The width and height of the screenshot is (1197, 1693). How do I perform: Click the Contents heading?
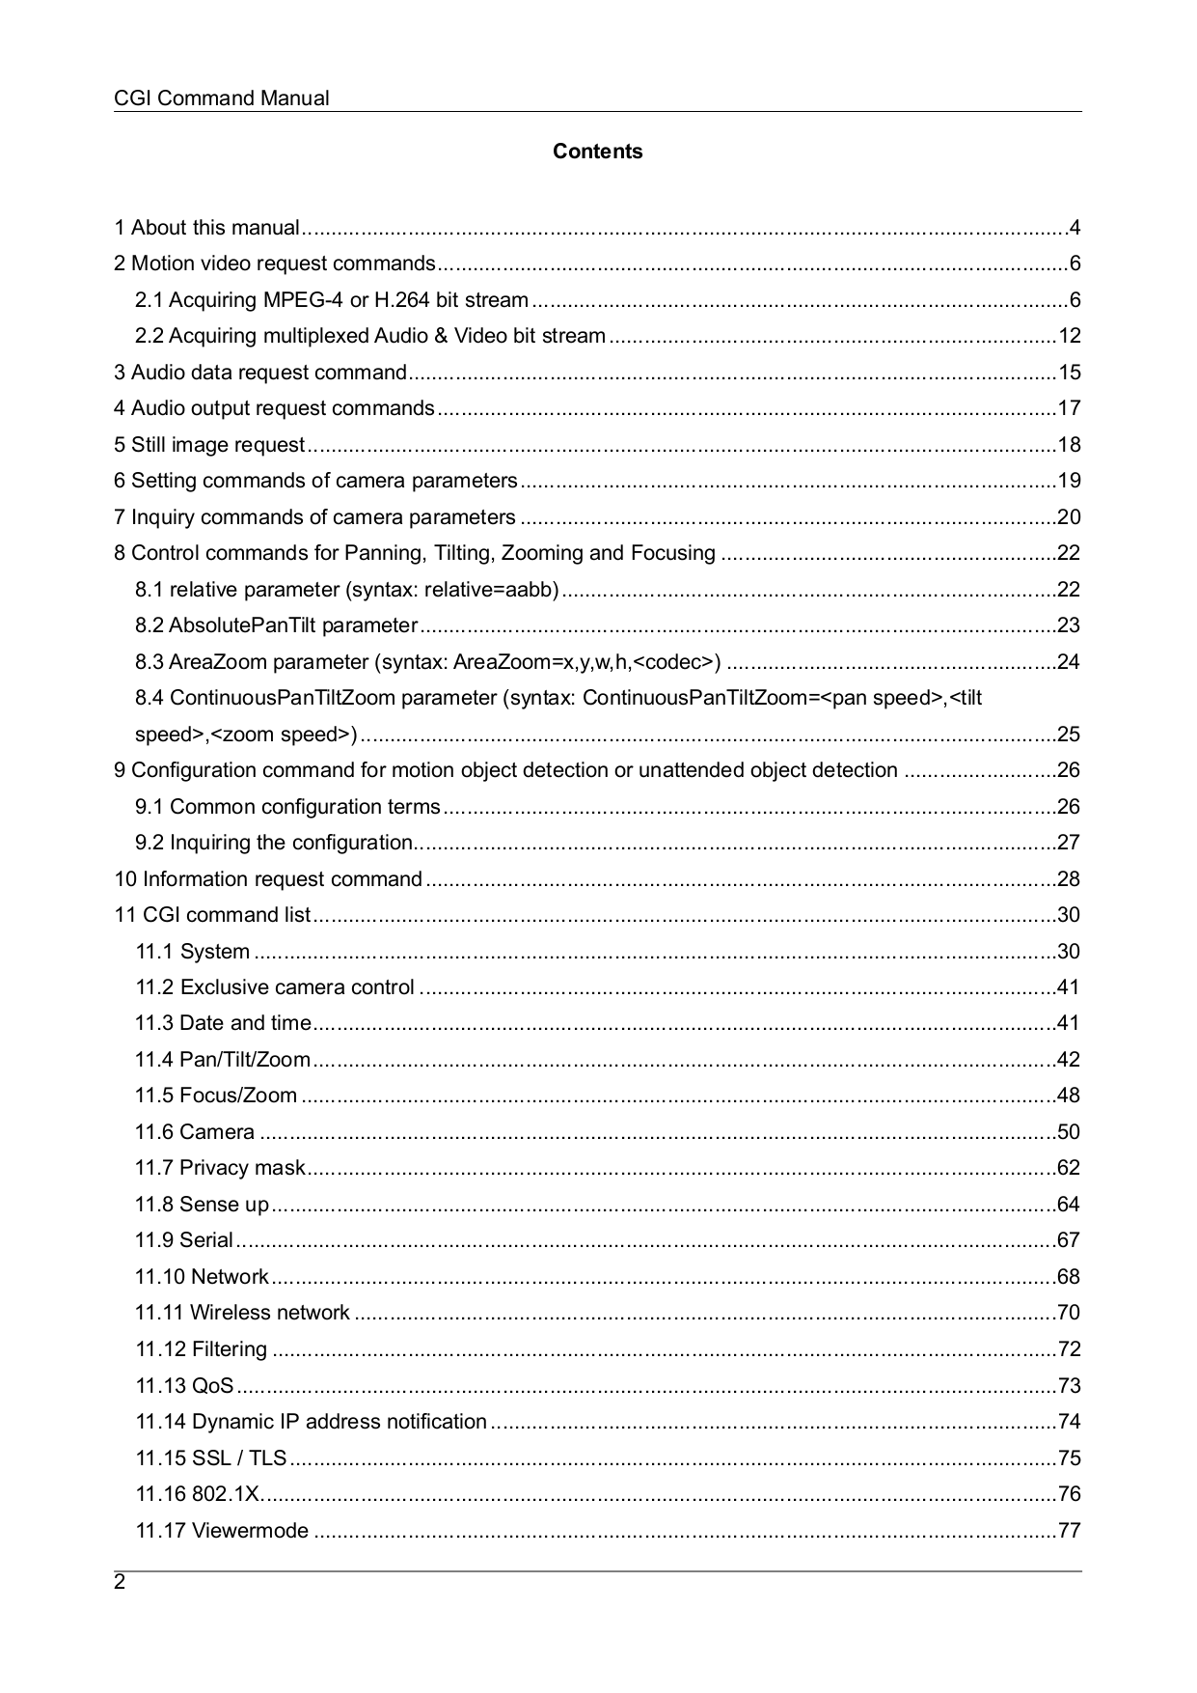[x=597, y=152]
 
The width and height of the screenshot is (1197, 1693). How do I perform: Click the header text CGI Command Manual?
[x=221, y=98]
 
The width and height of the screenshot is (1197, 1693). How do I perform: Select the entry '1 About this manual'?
[x=206, y=228]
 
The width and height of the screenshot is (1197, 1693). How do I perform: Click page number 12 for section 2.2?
[x=1069, y=336]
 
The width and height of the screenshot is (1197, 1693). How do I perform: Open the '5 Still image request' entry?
[x=209, y=445]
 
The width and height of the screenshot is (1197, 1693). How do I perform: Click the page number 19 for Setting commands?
[x=1069, y=481]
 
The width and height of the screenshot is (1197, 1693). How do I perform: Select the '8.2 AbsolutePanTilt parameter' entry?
[x=276, y=625]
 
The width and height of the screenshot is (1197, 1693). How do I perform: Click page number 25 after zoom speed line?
[x=1069, y=735]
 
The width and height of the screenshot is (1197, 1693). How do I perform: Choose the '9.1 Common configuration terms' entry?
[x=287, y=807]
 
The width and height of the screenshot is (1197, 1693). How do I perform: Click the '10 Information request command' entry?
[x=268, y=879]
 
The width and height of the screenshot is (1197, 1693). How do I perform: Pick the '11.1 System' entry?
[x=192, y=952]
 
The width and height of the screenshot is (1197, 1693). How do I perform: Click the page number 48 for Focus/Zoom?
[x=1069, y=1096]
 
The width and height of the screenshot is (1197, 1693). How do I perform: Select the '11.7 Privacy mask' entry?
[x=220, y=1168]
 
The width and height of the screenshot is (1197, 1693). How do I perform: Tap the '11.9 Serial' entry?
[x=184, y=1240]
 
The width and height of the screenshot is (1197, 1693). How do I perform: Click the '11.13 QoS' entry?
[x=184, y=1386]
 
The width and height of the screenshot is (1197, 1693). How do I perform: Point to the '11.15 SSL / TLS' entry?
[x=211, y=1458]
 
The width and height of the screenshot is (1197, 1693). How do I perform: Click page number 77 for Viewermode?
[x=1069, y=1531]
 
